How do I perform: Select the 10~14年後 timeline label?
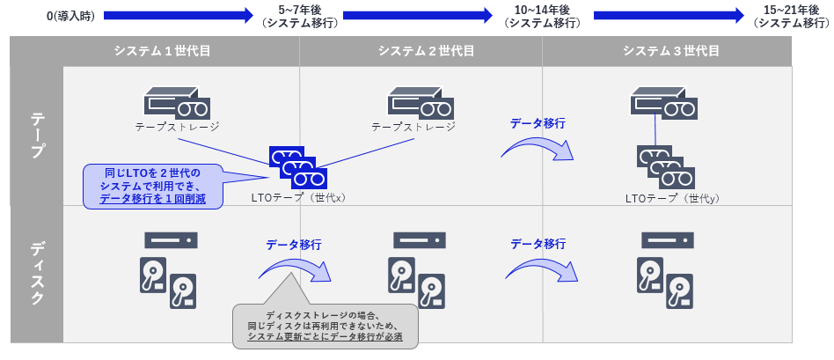[542, 16]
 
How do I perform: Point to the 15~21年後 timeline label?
[790, 16]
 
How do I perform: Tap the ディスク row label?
[37, 274]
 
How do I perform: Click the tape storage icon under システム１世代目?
[177, 102]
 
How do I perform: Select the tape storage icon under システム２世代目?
[419, 102]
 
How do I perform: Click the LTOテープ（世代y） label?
[672, 198]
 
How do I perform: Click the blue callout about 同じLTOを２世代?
[152, 186]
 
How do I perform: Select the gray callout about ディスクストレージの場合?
[326, 325]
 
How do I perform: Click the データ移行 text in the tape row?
[537, 123]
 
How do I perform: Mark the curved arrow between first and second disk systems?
[296, 268]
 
